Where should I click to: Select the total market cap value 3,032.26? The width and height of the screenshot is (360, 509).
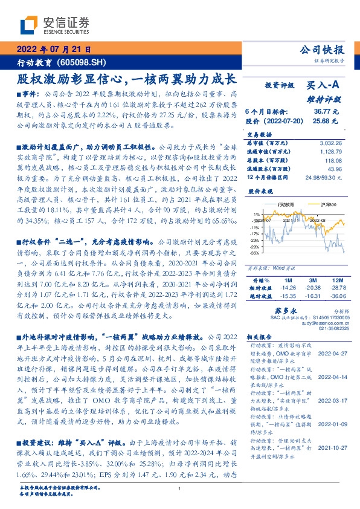[x=330, y=142]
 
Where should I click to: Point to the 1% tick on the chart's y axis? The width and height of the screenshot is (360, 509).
[x=256, y=214]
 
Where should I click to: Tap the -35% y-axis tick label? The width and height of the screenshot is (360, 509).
[x=256, y=253]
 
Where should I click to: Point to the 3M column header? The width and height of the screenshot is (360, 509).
[x=312, y=280]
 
